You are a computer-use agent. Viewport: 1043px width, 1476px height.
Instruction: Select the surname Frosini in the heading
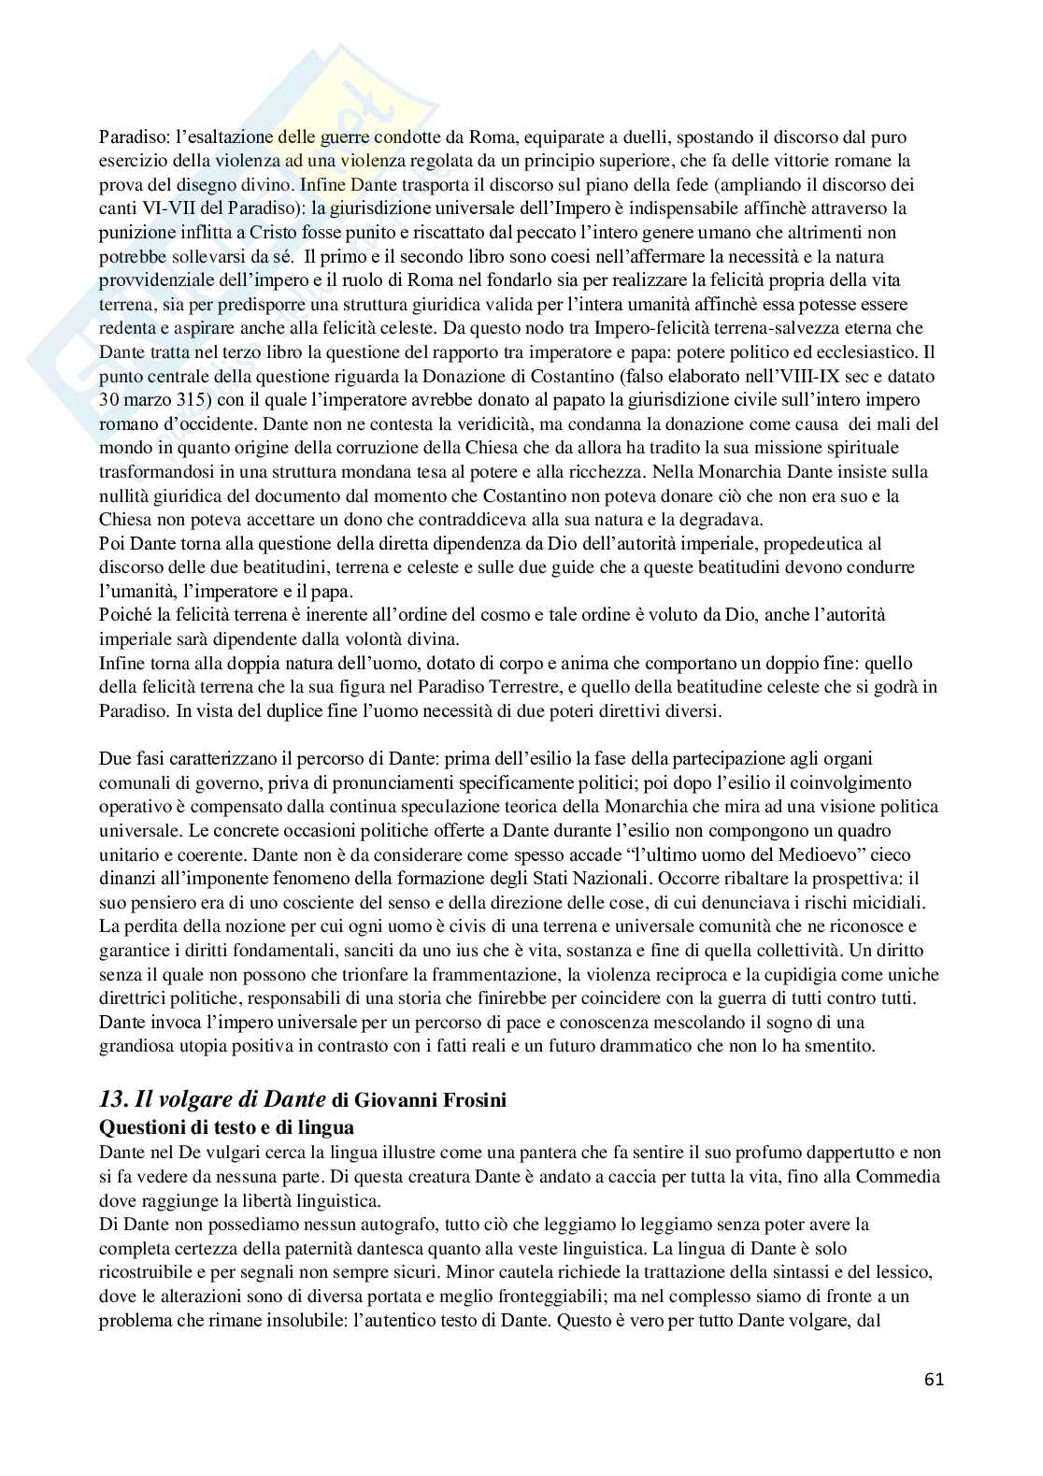(x=474, y=1101)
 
